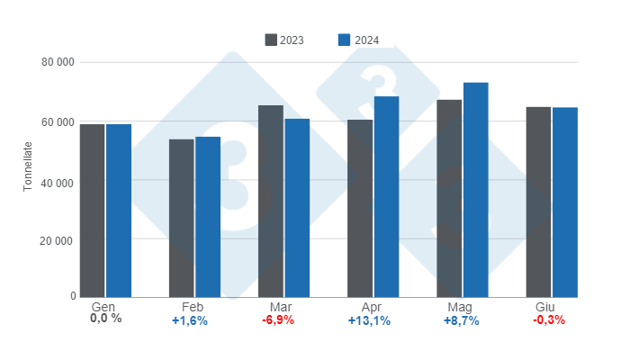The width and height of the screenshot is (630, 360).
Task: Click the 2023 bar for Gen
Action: pos(92,211)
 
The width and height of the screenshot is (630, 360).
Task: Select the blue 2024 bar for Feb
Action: pos(208,217)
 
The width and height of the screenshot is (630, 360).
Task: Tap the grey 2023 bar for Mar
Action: pos(271,202)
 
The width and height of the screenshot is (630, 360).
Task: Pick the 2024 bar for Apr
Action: pos(386,197)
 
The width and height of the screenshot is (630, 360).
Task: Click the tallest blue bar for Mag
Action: pos(475,190)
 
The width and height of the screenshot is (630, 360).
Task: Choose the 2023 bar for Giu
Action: pos(538,202)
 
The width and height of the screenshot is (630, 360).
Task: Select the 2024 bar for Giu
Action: pos(565,202)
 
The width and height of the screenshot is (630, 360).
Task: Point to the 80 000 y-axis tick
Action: pos(57,63)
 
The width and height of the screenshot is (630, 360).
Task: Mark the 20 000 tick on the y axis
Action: pos(57,241)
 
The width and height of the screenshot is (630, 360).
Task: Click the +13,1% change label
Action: pos(369,320)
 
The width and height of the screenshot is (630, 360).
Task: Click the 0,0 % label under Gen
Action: pos(104,319)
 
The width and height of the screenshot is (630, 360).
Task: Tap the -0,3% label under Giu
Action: pos(549,320)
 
